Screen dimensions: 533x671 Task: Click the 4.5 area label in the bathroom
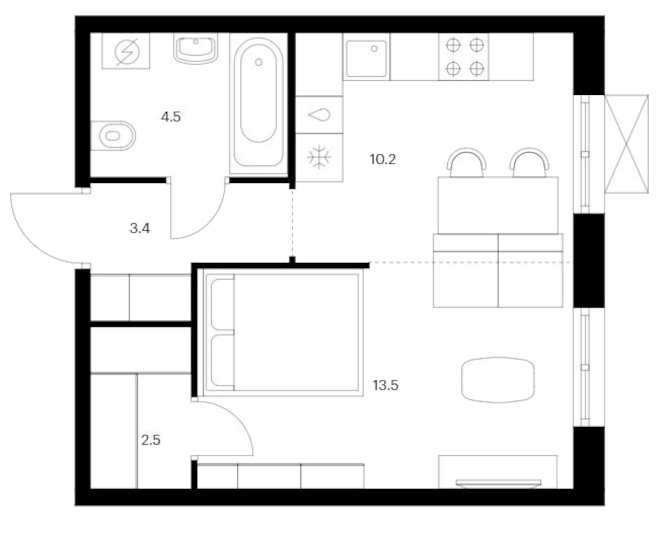171,117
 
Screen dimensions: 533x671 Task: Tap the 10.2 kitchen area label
382,160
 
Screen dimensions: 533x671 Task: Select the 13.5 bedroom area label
385,385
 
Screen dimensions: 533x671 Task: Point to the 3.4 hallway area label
140,228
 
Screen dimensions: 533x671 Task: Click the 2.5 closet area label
151,440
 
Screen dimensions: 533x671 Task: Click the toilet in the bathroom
113,136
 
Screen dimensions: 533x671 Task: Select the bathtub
258,102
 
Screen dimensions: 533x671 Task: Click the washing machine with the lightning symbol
126,51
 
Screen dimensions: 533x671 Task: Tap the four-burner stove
464,57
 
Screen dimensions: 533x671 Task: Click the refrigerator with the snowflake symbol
319,158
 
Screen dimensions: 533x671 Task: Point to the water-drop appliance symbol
319,115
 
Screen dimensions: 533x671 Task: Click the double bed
282,332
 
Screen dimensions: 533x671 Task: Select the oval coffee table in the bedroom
498,380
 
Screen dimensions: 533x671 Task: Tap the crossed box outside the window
626,144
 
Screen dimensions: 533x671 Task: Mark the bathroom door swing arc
209,224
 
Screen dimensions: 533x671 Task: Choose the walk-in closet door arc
239,421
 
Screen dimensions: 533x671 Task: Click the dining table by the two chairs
498,205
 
